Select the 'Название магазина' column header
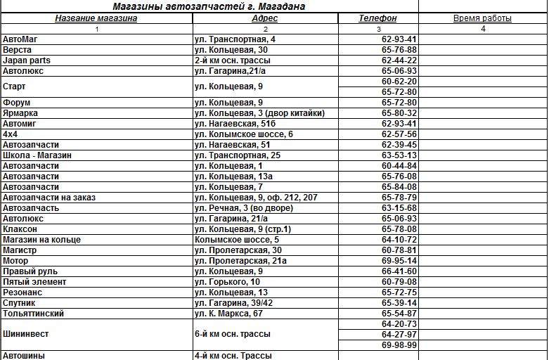point(96,18)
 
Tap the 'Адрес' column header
point(265,18)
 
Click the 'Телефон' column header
point(378,18)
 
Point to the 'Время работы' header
point(482,18)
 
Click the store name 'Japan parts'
point(27,60)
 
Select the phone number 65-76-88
point(399,50)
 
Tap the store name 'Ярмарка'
point(20,113)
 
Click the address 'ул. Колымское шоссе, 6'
point(244,134)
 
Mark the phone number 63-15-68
point(399,208)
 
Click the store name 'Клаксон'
point(20,229)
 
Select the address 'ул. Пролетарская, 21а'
point(240,261)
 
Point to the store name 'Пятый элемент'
point(34,282)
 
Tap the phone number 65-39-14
point(399,303)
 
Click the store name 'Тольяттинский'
point(34,314)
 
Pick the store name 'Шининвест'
point(26,334)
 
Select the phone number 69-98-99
point(399,345)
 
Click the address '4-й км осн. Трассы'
point(233,356)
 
